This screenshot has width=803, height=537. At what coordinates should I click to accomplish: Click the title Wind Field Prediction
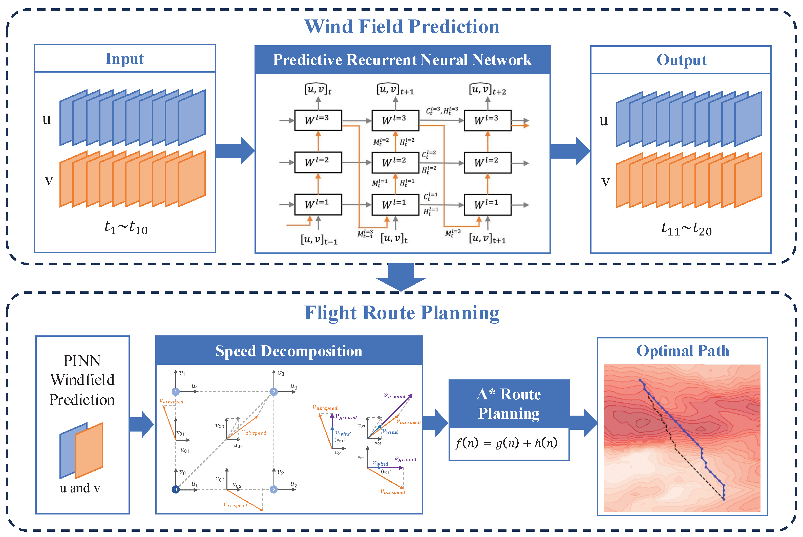click(x=401, y=27)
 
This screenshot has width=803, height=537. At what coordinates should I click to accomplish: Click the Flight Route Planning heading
click(x=401, y=313)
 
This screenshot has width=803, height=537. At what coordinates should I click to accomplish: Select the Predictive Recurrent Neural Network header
click(x=402, y=60)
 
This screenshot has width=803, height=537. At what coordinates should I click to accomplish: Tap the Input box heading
click(x=125, y=59)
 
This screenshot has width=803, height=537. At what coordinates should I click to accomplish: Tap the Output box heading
click(x=681, y=60)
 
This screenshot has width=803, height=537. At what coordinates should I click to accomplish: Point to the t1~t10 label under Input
click(x=126, y=227)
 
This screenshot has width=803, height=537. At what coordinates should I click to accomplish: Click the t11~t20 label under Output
click(x=686, y=229)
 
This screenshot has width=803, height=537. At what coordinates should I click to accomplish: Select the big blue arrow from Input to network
click(x=235, y=151)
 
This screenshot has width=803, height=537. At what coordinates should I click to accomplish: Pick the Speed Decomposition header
click(x=289, y=351)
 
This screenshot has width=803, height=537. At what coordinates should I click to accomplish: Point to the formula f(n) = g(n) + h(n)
click(x=506, y=443)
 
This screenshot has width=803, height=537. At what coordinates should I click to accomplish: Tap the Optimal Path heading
click(x=682, y=351)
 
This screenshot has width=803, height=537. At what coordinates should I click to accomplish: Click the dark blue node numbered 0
click(x=175, y=489)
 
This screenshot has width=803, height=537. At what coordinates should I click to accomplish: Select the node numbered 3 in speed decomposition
click(x=274, y=392)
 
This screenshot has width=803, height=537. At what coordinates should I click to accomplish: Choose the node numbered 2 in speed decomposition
click(x=274, y=489)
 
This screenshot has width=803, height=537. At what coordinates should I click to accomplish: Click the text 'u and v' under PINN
click(x=80, y=488)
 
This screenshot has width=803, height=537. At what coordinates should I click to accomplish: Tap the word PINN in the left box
click(x=82, y=361)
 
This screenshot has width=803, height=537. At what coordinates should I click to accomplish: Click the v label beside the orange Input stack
click(x=49, y=181)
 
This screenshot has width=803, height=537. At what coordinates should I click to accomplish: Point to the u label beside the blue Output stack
click(x=604, y=121)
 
